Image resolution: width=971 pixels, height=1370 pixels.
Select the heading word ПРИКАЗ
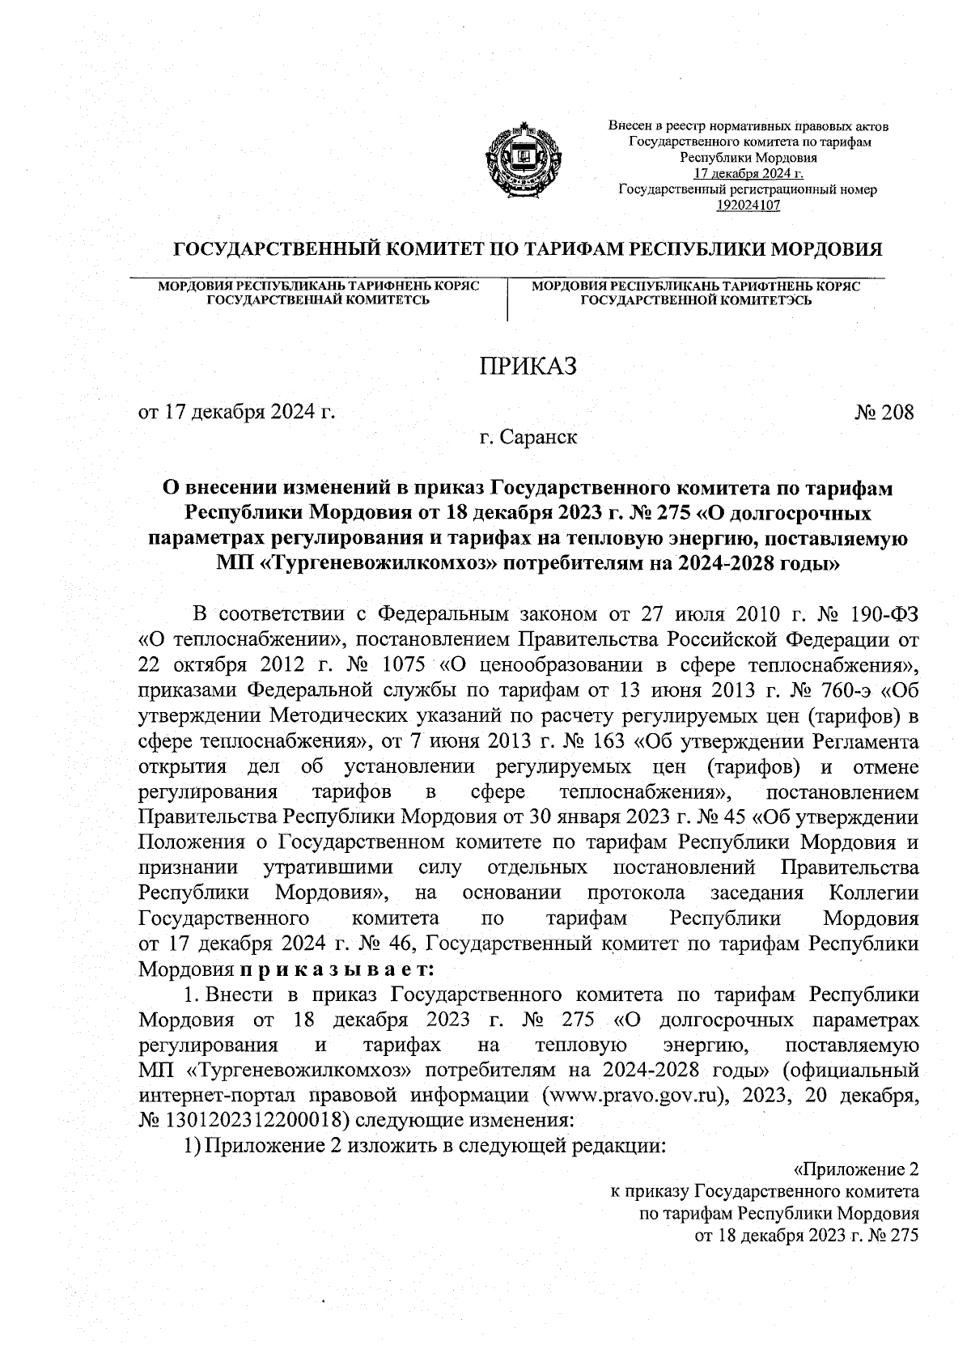tap(528, 367)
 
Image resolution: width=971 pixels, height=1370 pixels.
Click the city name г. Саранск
tap(528, 438)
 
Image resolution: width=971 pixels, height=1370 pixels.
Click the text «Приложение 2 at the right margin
tap(856, 1170)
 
